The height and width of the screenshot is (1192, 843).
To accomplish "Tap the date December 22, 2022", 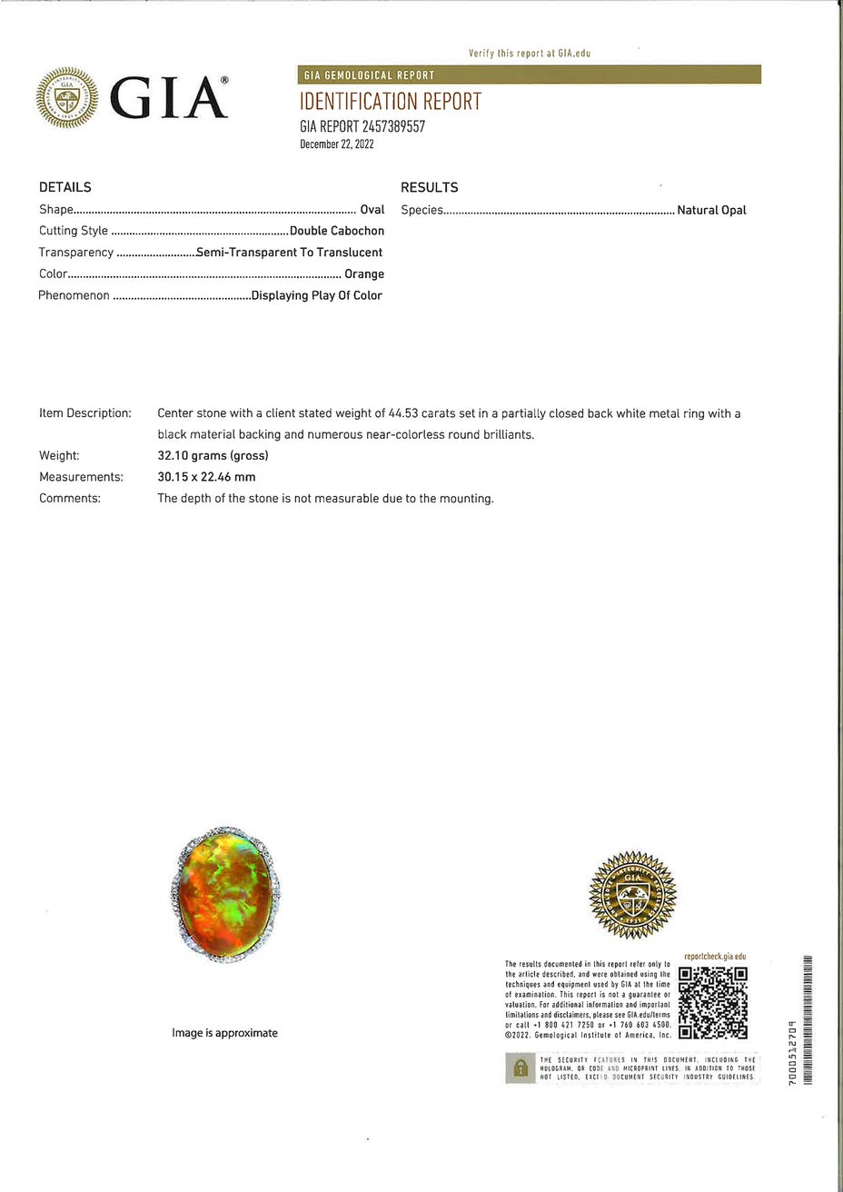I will [336, 144].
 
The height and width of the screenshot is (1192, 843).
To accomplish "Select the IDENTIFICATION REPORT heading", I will [390, 102].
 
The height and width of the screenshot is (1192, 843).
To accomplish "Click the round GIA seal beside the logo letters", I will [66, 98].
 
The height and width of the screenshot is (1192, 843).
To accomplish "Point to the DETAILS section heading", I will [65, 187].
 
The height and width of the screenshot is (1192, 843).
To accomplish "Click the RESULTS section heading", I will [429, 187].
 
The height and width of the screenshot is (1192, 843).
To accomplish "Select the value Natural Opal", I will [711, 210].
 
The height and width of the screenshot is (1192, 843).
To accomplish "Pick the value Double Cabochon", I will [337, 231].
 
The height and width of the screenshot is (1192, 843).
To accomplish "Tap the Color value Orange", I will [364, 273].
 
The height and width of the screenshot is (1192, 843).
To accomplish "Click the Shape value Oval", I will [372, 210].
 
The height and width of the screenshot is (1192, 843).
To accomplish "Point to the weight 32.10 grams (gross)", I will [213, 455].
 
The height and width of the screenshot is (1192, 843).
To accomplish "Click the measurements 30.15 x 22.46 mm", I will [206, 477].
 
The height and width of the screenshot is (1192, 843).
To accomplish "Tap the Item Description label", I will [85, 413].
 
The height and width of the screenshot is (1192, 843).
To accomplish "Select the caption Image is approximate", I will [224, 1033].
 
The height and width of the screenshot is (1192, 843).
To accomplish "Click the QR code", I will [713, 1001].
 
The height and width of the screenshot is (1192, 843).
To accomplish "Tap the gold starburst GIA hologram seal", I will [632, 895].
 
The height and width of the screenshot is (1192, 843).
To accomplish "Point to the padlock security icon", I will [520, 1068].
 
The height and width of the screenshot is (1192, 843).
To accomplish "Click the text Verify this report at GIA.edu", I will [530, 54].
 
